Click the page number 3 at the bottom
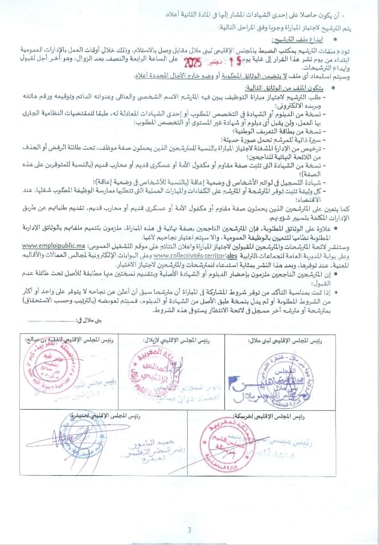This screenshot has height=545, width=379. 189,530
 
